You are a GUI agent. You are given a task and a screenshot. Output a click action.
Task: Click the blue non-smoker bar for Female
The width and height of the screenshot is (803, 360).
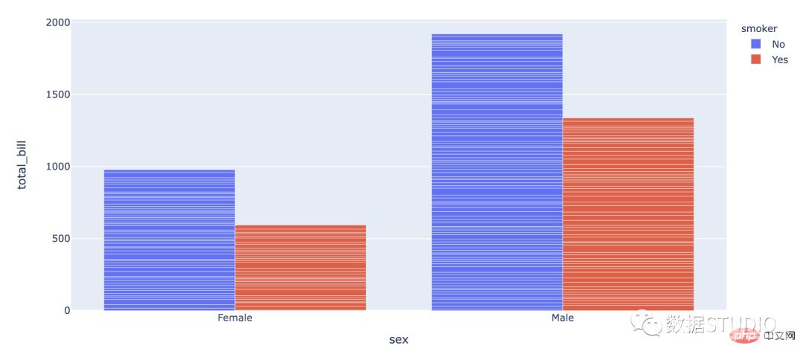pyautogui.click(x=169, y=240)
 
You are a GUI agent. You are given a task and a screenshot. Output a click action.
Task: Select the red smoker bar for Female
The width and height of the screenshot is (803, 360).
pyautogui.click(x=300, y=268)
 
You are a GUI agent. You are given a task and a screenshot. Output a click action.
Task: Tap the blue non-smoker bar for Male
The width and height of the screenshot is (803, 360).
pyautogui.click(x=497, y=172)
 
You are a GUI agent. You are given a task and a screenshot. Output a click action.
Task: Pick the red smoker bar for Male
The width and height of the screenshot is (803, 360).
pyautogui.click(x=628, y=214)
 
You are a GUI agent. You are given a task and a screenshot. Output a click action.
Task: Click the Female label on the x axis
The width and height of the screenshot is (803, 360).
pyautogui.click(x=235, y=318)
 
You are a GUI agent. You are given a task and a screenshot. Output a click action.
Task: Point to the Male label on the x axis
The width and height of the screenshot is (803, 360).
pyautogui.click(x=562, y=318)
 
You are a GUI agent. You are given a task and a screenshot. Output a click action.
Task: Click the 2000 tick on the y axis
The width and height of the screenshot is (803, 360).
pyautogui.click(x=58, y=22)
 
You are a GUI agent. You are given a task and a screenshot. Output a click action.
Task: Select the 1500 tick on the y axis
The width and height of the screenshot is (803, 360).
pyautogui.click(x=58, y=94)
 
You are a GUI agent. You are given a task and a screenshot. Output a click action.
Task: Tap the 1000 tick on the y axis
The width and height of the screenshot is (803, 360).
pyautogui.click(x=58, y=167)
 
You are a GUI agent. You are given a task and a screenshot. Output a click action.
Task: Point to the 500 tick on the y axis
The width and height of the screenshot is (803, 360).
pyautogui.click(x=60, y=239)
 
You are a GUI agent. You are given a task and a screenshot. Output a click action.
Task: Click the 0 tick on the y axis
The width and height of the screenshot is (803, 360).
pyautogui.click(x=66, y=310)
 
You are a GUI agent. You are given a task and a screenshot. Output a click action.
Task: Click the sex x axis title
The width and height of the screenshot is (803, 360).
pyautogui.click(x=399, y=339)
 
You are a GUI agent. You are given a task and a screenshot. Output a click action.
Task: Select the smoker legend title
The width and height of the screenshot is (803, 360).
pyautogui.click(x=758, y=28)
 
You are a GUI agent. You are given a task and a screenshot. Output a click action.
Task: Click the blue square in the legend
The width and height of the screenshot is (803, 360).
pyautogui.click(x=756, y=44)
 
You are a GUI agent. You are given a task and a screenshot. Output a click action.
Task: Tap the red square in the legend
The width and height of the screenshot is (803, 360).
pyautogui.click(x=756, y=60)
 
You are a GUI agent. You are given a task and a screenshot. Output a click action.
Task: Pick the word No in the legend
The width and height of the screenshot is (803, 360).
pyautogui.click(x=778, y=44)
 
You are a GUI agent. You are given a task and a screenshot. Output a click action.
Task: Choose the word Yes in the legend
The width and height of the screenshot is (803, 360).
pyautogui.click(x=779, y=60)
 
